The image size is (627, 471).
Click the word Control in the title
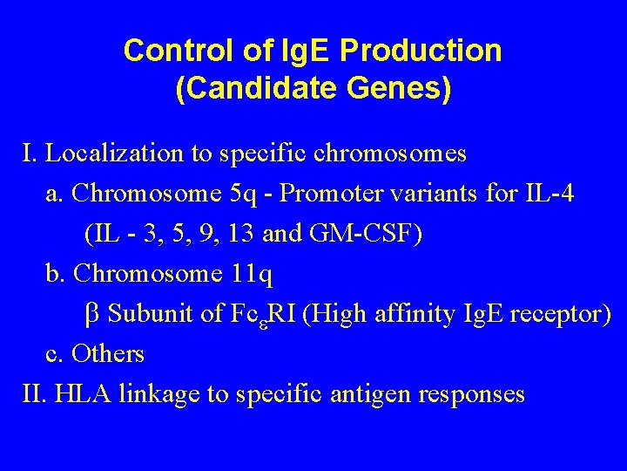(x=176, y=51)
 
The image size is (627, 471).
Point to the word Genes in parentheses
(x=395, y=90)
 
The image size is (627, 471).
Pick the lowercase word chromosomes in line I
(x=397, y=154)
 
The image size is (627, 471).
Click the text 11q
(x=252, y=274)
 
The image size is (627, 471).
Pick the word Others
(x=108, y=354)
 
